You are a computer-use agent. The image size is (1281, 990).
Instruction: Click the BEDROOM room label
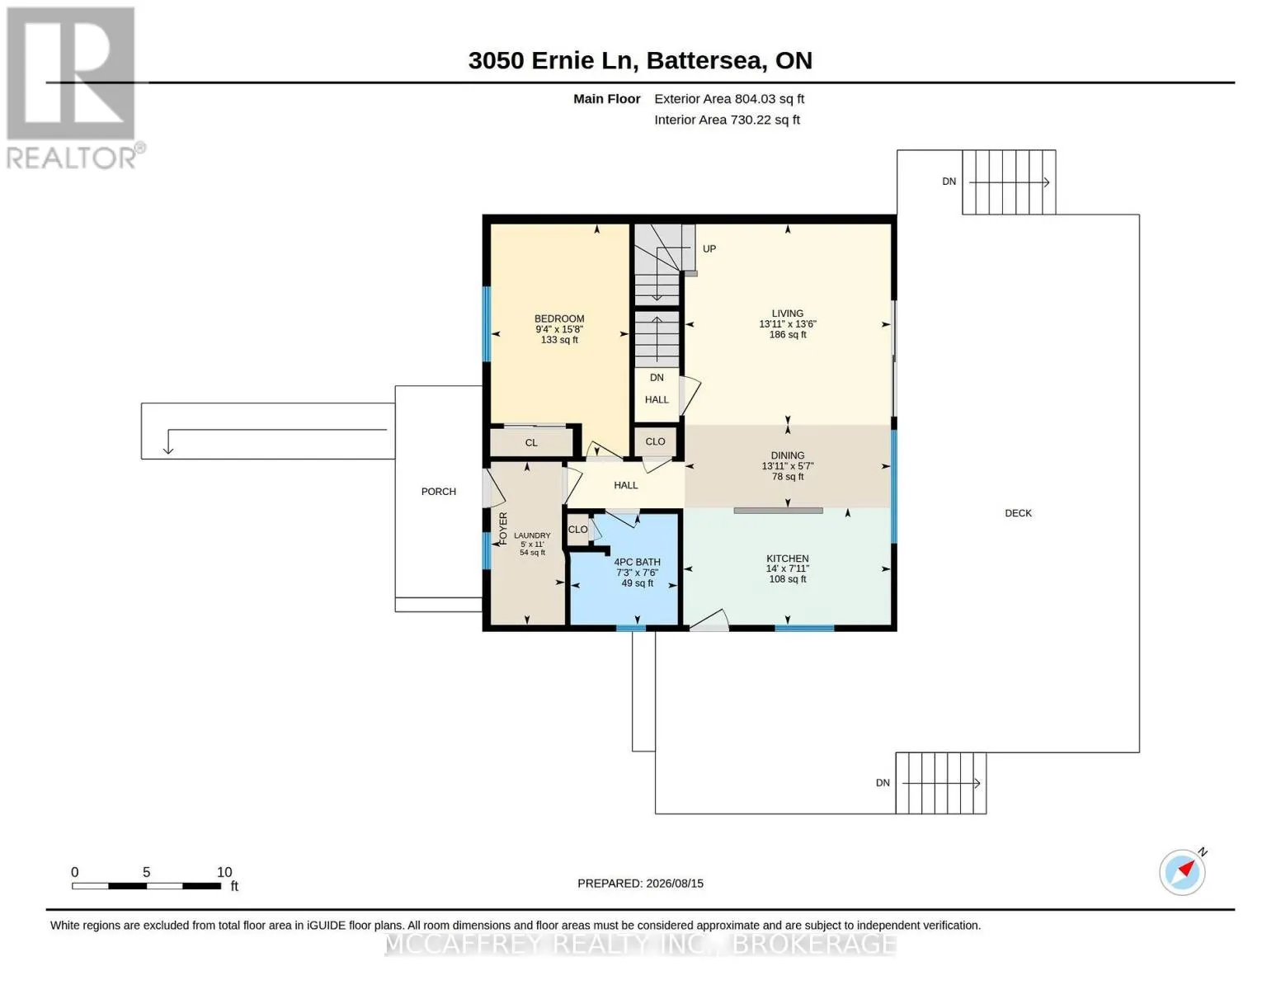[x=559, y=318]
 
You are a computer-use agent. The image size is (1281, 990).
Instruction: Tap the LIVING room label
[x=787, y=313]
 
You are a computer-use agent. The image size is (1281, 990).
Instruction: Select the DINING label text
[x=787, y=455]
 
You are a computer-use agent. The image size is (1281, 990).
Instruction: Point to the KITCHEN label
[x=787, y=559]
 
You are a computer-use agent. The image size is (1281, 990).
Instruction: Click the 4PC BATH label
[x=637, y=563]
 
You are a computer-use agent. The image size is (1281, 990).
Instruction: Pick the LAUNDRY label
[x=532, y=535]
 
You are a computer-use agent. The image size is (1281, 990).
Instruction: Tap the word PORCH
[x=438, y=492]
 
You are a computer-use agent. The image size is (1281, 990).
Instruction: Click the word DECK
[x=1018, y=514]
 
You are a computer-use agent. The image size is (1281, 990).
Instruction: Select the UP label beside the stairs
[x=709, y=249]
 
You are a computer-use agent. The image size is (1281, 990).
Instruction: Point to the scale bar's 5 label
[x=146, y=872]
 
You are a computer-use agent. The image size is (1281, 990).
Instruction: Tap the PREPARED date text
[x=639, y=884]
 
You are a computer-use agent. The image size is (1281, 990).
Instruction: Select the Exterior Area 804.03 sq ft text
[x=728, y=99]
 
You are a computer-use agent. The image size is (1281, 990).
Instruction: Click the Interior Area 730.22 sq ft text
[x=727, y=120]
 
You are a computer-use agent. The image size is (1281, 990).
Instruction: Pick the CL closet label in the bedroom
[x=530, y=443]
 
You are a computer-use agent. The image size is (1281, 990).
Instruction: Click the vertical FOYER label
[x=503, y=528]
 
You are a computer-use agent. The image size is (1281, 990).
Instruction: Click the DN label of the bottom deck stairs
[x=882, y=783]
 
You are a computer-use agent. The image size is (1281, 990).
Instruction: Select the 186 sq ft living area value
[x=787, y=335]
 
